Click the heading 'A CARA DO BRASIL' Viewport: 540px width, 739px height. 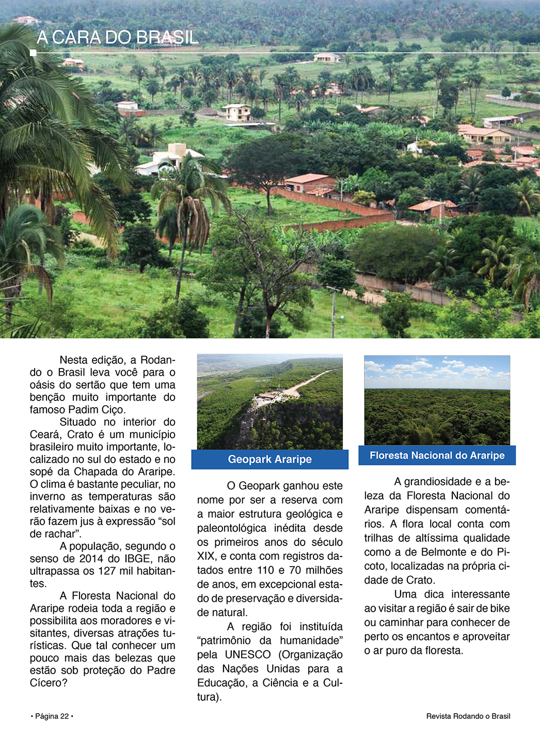(x=118, y=37)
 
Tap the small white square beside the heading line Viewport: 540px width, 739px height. (x=33, y=53)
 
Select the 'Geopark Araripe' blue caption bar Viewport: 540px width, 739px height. (x=269, y=459)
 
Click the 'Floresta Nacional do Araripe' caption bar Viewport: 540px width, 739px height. (x=437, y=455)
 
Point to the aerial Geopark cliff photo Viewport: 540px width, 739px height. (x=269, y=401)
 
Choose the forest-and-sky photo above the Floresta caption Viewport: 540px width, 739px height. (x=437, y=400)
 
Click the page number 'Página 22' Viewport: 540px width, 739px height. (x=52, y=716)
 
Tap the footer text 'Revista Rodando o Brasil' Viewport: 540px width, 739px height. (x=468, y=716)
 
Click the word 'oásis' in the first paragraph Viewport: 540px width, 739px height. (x=43, y=385)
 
